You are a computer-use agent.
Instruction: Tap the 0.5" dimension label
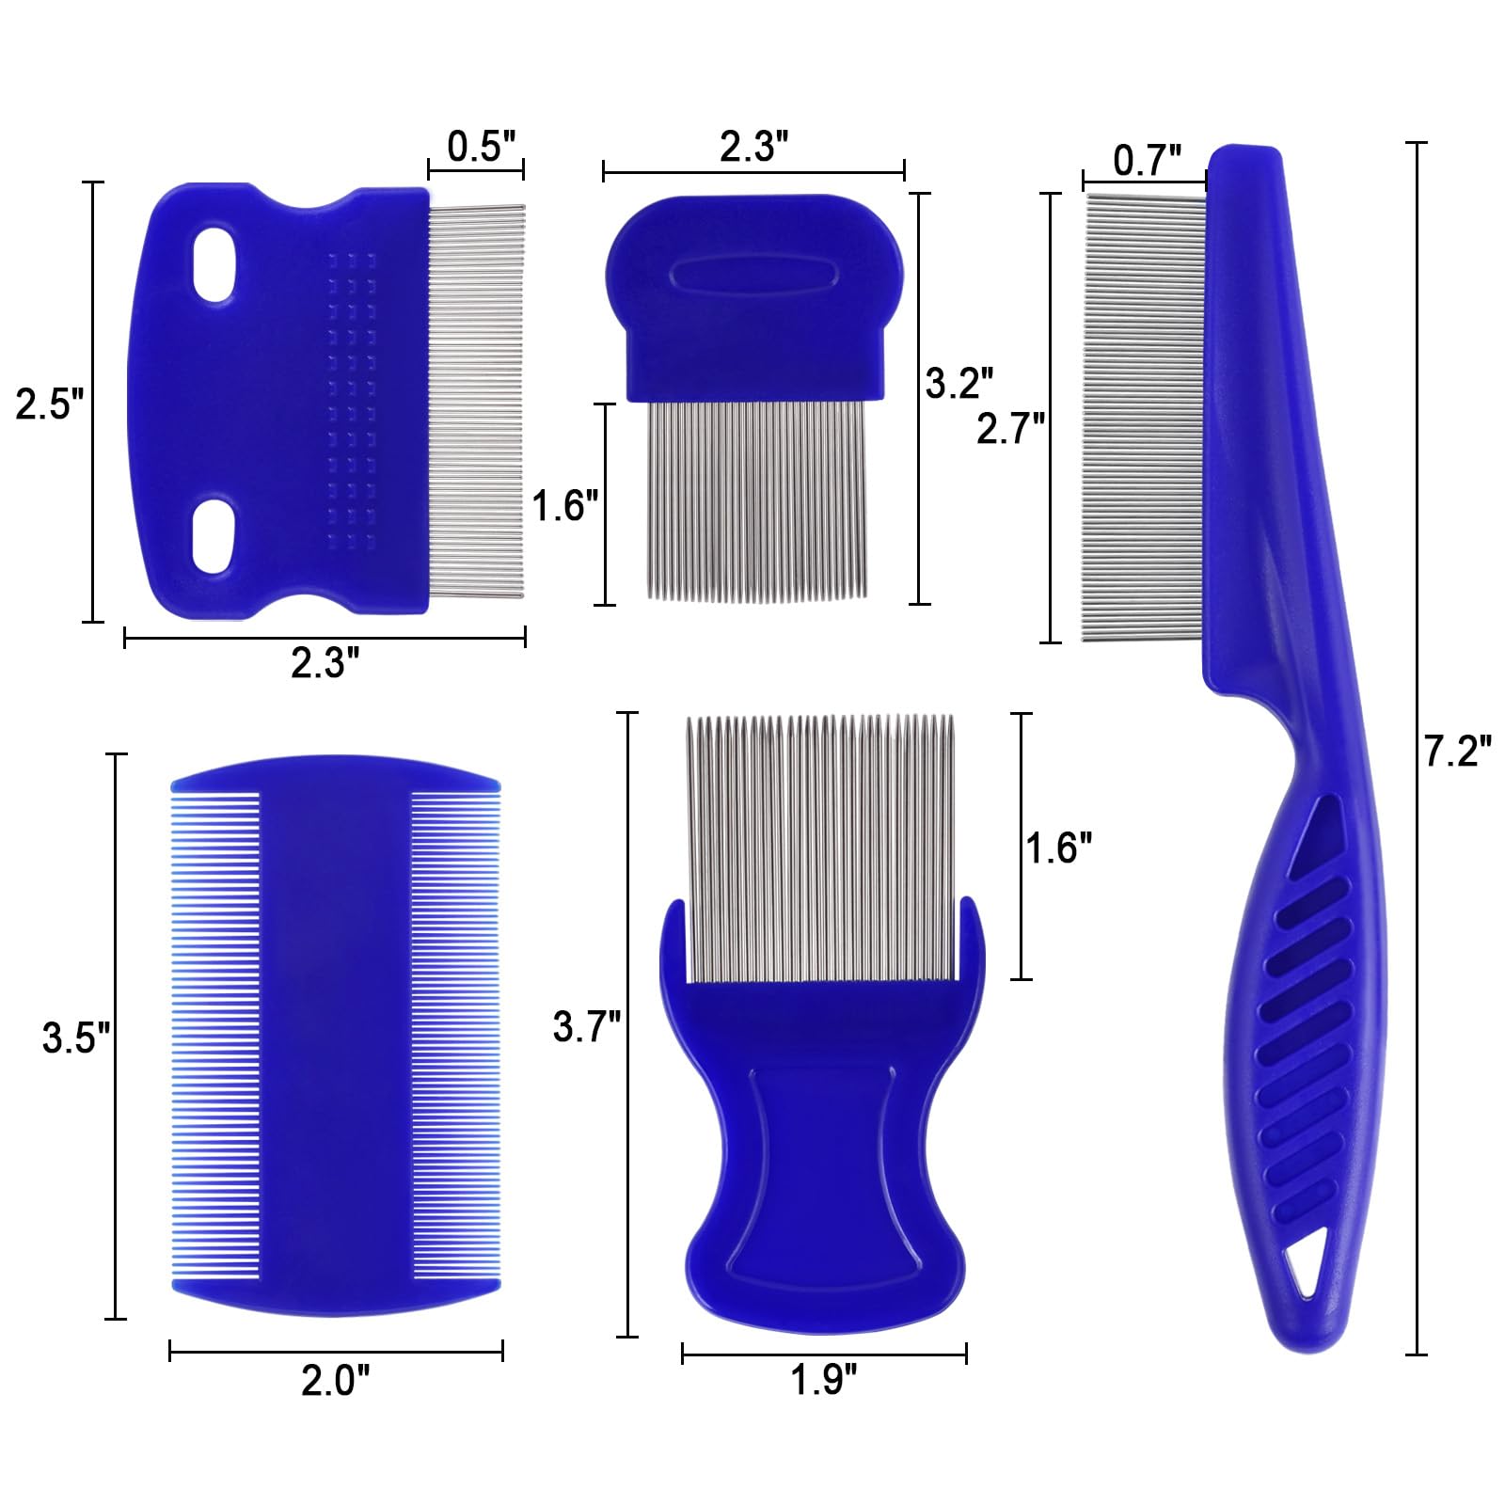click(481, 147)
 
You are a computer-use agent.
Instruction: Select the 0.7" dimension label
click(1146, 161)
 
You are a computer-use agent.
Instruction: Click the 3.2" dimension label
click(958, 384)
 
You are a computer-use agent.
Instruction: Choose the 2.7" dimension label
click(1010, 429)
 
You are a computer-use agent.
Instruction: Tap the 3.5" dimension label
click(75, 1038)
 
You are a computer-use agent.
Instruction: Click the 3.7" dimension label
click(586, 1026)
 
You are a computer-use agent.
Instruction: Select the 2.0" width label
click(335, 1381)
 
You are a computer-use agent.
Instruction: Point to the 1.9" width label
click(823, 1381)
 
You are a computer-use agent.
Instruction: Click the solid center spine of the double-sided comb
click(335, 1035)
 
